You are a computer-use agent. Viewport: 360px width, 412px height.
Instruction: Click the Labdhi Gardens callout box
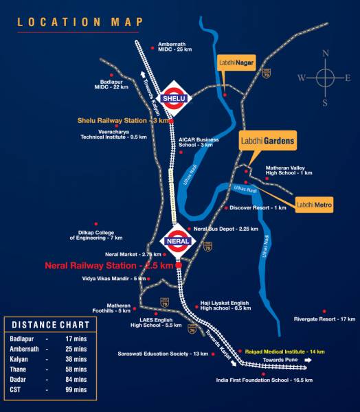coord(267,142)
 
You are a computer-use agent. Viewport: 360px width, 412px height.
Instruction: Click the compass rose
coord(325,77)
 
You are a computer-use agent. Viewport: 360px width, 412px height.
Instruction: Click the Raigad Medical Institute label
coord(279,351)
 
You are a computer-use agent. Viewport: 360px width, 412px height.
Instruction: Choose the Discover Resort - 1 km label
coord(258,207)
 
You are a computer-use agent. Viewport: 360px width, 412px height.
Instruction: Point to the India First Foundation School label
coord(265,380)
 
